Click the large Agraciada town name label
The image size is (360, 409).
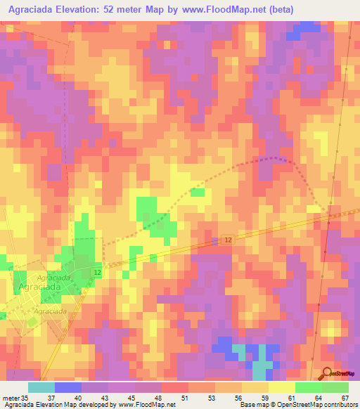[x=41, y=287]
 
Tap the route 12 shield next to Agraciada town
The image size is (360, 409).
[x=97, y=272]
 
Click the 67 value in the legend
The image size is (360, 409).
[x=345, y=397]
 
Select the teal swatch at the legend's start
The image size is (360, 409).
[x=41, y=387]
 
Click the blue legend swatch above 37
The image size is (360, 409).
[x=67, y=387]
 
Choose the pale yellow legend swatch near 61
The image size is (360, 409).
[x=282, y=387]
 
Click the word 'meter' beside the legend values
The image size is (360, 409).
[x=11, y=397]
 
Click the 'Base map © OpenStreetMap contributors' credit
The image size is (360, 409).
[x=297, y=405]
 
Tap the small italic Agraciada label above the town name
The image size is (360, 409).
[x=53, y=278]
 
